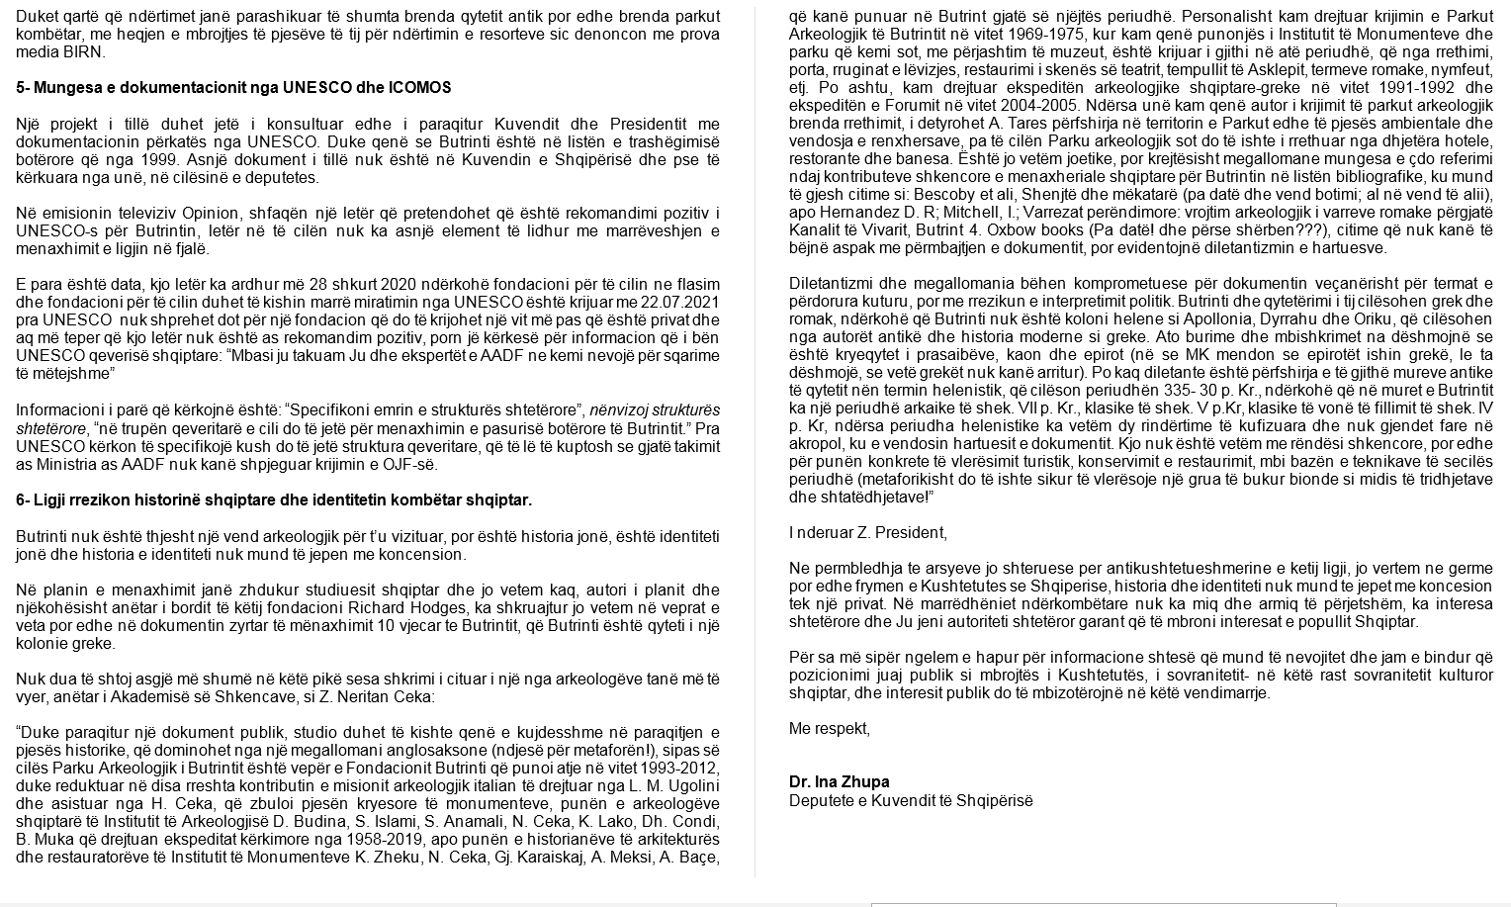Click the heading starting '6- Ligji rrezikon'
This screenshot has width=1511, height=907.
[x=274, y=500]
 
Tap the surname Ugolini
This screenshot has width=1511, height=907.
[x=689, y=787]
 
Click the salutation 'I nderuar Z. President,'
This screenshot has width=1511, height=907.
[x=867, y=533]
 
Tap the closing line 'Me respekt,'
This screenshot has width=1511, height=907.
[x=829, y=729]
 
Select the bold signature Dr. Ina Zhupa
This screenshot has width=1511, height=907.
[x=839, y=782]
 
